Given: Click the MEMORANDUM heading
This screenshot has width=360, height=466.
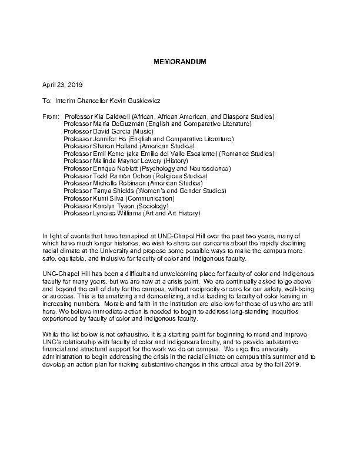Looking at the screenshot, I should tap(180, 61).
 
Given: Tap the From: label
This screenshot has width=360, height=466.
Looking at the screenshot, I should tap(51, 117).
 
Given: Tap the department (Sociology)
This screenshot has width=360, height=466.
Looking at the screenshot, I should tap(152, 205).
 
